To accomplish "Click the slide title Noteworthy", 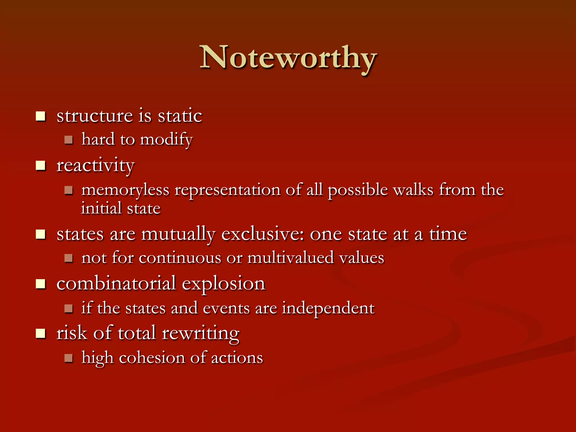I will pos(288,58).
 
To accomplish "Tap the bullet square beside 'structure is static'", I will pos(41,116).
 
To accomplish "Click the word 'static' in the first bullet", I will pos(180,116).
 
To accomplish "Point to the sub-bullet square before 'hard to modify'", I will pos(69,140).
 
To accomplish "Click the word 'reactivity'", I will pos(96,166).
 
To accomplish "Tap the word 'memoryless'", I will pos(125,190).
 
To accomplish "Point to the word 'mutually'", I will pos(178,234).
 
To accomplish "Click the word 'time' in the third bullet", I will pos(448,234).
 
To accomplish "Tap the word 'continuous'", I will pos(180,258).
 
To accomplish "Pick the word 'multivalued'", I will pos(291,258).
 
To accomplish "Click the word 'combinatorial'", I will pos(116,283).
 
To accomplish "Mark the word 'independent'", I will pos(328,308).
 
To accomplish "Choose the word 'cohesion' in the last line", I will pos(152,358).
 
